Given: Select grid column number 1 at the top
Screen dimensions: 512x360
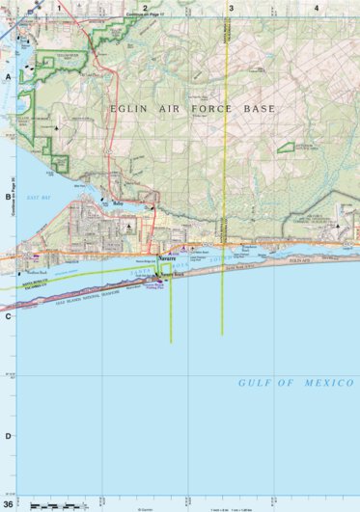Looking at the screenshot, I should (59, 7).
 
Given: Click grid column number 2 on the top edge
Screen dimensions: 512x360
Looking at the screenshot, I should (145, 7).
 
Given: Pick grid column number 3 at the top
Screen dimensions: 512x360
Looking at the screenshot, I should (231, 7).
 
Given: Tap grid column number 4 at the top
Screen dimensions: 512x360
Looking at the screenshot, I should (317, 7).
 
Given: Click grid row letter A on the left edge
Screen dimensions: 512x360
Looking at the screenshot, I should (8, 76).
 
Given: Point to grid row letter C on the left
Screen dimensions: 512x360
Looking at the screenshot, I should (8, 315).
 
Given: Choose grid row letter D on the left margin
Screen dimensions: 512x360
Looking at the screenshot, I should (8, 435).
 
